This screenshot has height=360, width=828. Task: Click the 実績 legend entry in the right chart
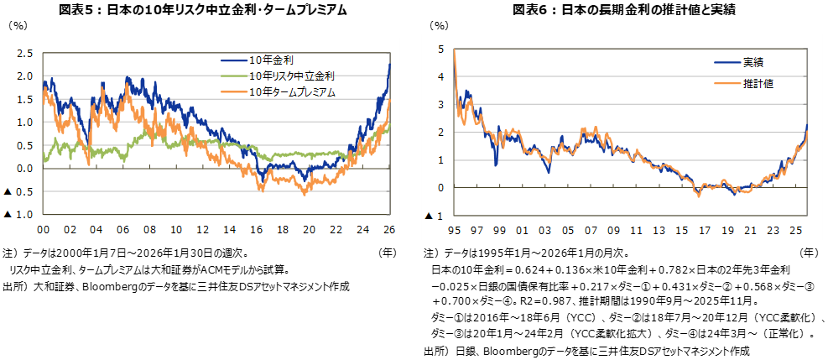coord(752,62)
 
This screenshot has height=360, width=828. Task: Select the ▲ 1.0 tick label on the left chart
coord(18,215)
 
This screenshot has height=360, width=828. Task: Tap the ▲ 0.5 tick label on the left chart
coord(18,192)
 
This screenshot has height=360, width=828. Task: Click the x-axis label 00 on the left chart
coord(43,229)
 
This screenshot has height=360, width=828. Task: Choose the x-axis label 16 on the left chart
coord(257,229)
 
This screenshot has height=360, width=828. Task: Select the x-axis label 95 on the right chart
coord(454,231)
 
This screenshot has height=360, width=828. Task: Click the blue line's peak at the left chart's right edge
coord(389,65)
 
